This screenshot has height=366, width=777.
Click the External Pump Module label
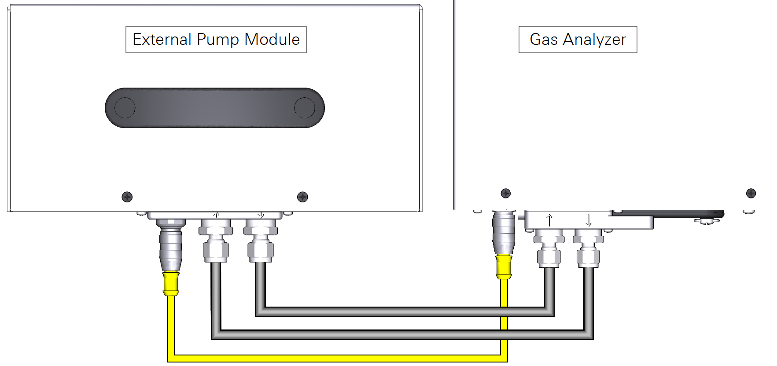(x=216, y=40)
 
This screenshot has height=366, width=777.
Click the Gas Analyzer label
(x=578, y=40)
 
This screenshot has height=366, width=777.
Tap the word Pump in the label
(x=218, y=40)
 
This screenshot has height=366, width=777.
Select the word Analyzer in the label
(x=594, y=40)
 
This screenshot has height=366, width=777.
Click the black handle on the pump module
(x=215, y=108)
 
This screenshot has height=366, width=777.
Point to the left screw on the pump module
(x=127, y=197)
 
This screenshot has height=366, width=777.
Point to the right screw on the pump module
(x=302, y=197)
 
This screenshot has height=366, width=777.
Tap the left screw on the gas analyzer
(x=506, y=193)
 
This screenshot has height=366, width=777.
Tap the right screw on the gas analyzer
(x=751, y=193)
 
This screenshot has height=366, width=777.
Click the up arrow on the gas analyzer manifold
(x=549, y=220)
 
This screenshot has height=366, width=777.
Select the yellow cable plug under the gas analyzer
(x=504, y=267)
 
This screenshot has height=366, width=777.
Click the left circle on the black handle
(x=125, y=108)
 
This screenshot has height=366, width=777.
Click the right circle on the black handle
(x=304, y=108)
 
